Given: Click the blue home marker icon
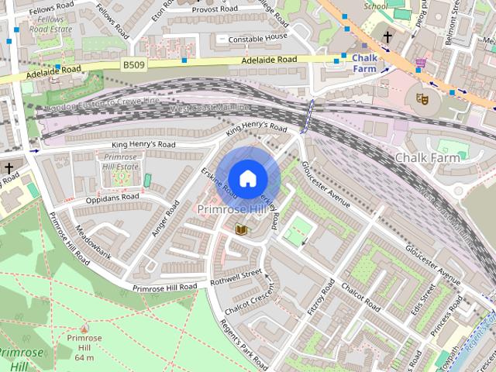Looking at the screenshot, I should [x=246, y=179].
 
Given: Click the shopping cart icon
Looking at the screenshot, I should [x=421, y=63].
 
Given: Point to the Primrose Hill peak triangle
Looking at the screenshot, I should [x=84, y=328].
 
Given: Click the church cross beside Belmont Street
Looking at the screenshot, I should [x=387, y=36].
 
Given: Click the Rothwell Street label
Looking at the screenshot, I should [x=236, y=274].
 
